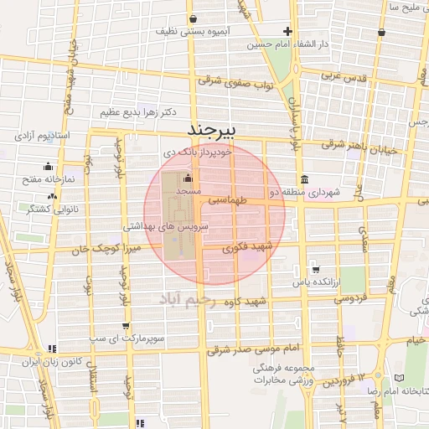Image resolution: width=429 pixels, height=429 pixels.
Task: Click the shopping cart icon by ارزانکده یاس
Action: pyautogui.click(x=314, y=269)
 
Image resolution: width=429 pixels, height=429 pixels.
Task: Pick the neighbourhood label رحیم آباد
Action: pyautogui.click(x=194, y=301)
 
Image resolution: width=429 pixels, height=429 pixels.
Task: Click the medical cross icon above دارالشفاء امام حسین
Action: pyautogui.click(x=287, y=31)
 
